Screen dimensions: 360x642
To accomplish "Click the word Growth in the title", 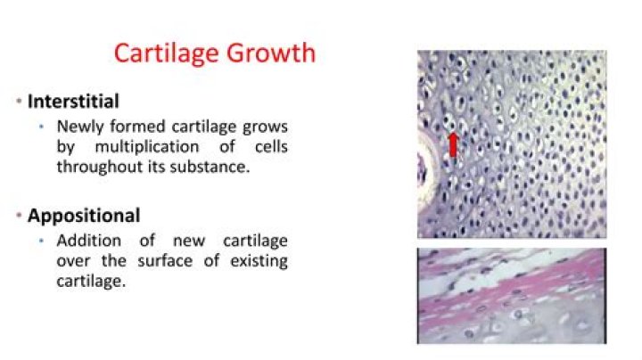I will pos(271,53).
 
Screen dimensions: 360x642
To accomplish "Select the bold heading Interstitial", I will pos(73,101).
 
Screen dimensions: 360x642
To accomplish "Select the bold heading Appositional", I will pos(84,216).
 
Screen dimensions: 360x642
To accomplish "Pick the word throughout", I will pos(96,166).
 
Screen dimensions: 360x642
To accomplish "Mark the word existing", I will pos(257,261).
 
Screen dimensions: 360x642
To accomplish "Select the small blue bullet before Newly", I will pos(41,127).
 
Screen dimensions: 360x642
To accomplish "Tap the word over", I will pos(73,261).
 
